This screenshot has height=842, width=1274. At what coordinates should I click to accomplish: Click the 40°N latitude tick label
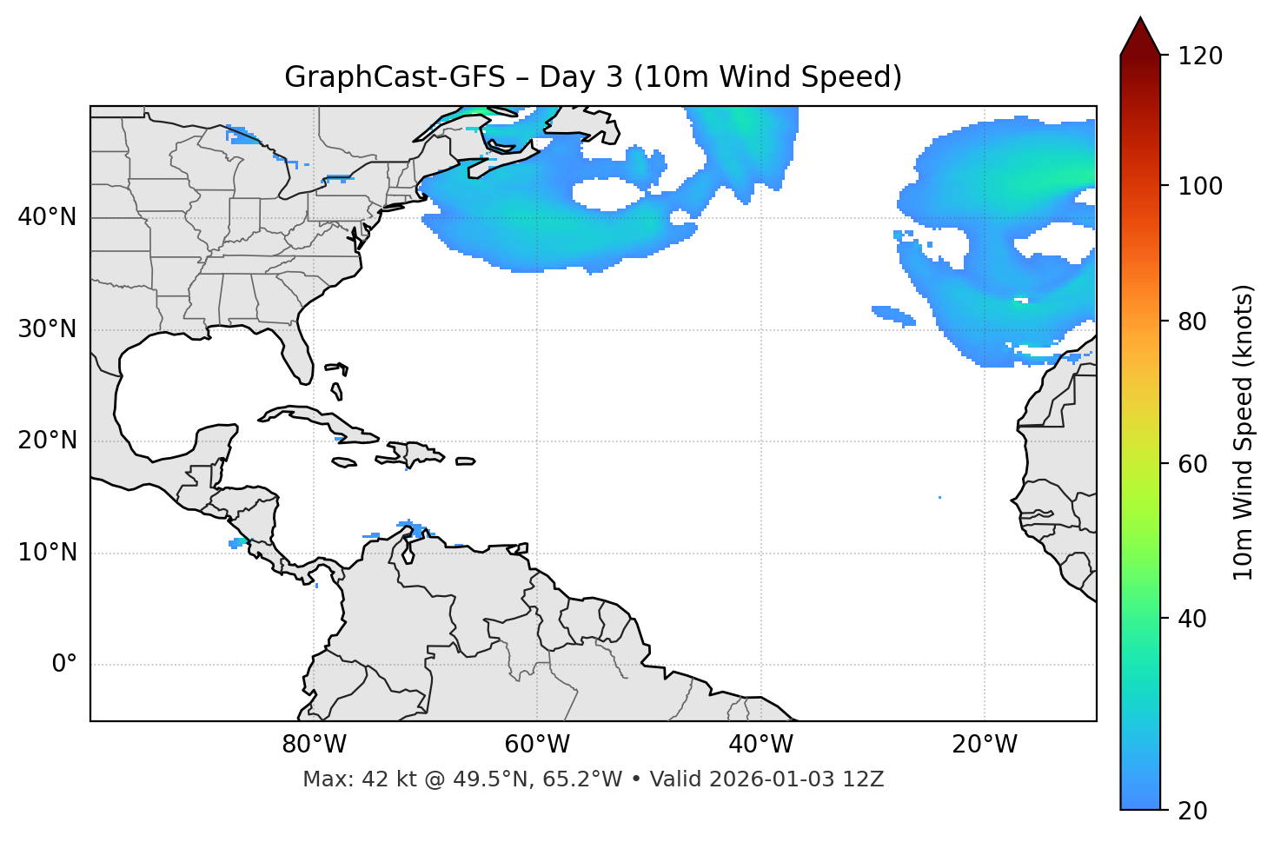click(47, 217)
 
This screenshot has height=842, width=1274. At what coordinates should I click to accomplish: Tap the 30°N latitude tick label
click(47, 329)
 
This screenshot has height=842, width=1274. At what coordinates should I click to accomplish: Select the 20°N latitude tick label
click(47, 441)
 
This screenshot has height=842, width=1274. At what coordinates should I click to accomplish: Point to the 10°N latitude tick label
click(47, 553)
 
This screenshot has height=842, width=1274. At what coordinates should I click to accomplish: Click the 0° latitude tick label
click(64, 665)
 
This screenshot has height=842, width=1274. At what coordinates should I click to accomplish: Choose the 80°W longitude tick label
click(314, 745)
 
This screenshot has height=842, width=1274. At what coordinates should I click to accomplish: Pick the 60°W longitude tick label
click(537, 745)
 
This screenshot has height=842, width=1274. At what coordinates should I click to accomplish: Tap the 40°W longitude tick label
click(760, 745)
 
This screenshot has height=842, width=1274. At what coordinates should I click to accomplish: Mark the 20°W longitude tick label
click(985, 745)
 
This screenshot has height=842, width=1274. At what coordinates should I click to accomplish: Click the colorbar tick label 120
click(1200, 56)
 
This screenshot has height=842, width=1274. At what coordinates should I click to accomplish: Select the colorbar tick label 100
click(1200, 186)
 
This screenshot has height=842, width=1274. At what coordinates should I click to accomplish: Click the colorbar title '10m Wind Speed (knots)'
click(1244, 432)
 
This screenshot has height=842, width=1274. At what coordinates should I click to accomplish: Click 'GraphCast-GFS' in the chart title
click(395, 77)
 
